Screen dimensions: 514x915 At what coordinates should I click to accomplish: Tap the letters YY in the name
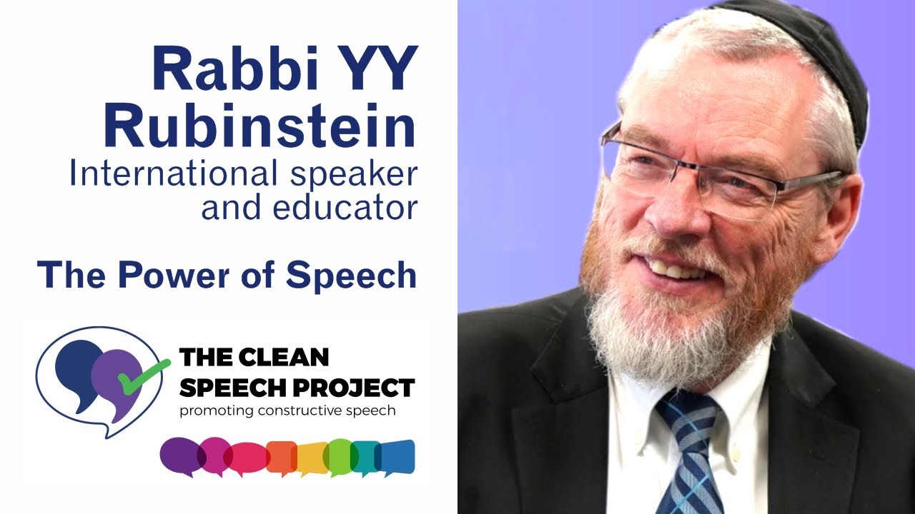tap(380, 70)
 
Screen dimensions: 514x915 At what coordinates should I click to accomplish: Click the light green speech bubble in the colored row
tap(339, 457)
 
